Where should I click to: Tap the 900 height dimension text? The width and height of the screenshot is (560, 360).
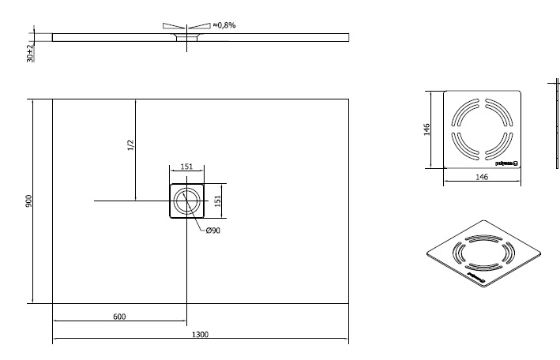[x=29, y=201]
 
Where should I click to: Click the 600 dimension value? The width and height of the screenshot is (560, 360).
[x=119, y=316]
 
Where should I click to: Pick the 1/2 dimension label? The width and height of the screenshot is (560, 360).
[x=130, y=147]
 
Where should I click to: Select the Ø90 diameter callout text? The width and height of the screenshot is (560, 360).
[x=212, y=231]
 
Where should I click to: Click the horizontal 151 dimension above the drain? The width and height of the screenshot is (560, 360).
[x=188, y=167]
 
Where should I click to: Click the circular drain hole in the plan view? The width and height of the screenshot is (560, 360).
[x=187, y=201]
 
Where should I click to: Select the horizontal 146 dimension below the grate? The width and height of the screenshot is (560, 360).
[x=482, y=178]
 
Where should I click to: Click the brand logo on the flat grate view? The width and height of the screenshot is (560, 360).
[x=506, y=163]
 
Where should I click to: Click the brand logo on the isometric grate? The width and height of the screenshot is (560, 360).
[x=477, y=277]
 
